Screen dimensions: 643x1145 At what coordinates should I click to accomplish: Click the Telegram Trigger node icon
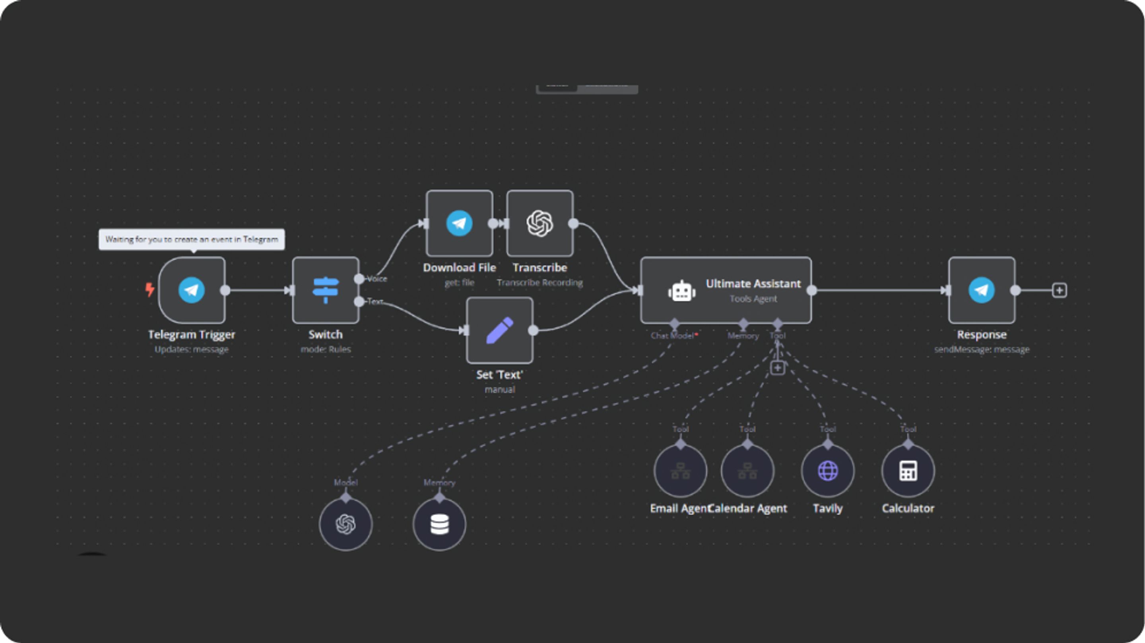tap(192, 290)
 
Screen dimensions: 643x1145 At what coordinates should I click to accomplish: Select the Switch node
tap(325, 290)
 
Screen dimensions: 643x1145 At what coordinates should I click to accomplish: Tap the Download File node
tap(459, 223)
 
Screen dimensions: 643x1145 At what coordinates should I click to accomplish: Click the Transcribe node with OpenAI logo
tap(540, 223)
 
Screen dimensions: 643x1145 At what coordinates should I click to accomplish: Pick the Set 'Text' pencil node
tap(500, 330)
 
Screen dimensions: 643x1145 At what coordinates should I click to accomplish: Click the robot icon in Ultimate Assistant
tap(681, 291)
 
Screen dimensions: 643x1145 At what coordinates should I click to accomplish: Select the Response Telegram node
tap(982, 290)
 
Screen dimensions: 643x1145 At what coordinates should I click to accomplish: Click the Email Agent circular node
tap(680, 471)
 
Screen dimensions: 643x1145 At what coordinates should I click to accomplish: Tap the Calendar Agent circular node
tap(747, 471)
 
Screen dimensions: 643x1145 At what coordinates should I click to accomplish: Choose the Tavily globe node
tap(828, 471)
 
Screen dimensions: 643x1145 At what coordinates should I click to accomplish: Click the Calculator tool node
tap(908, 471)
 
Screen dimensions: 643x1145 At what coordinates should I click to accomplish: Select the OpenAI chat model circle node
tap(345, 524)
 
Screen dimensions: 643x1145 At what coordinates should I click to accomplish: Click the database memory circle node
tap(439, 524)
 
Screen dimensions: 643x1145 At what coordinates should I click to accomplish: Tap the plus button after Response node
tap(1060, 290)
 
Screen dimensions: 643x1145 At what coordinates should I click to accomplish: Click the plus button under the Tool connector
tap(777, 368)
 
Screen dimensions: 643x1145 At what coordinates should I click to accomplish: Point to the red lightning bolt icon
tap(150, 290)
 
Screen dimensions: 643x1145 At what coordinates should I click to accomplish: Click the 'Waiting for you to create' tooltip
tap(192, 239)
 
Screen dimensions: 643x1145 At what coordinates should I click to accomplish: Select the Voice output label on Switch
tap(377, 279)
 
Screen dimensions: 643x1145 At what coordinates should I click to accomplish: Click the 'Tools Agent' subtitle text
tap(753, 299)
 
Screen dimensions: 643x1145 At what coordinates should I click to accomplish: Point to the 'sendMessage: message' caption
tap(982, 349)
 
